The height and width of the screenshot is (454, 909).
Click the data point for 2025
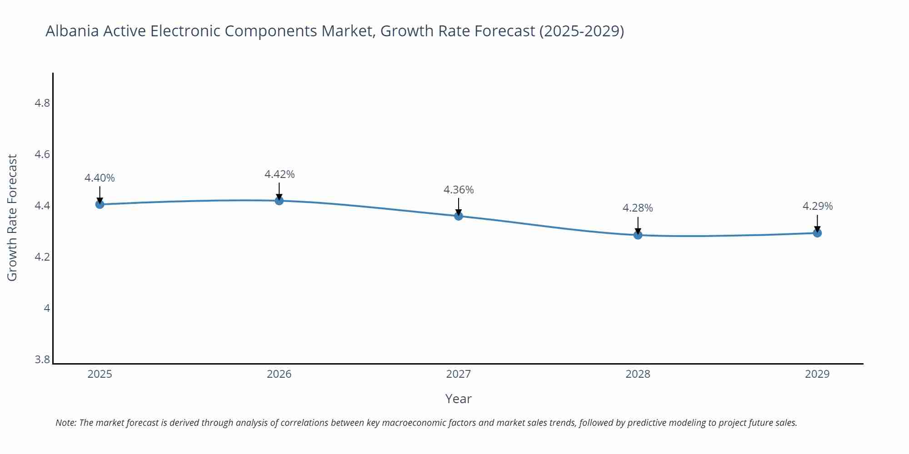(100, 204)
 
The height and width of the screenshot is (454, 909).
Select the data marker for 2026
(279, 201)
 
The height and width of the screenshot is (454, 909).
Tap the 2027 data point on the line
(459, 216)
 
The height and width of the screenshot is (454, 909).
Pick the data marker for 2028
(638, 235)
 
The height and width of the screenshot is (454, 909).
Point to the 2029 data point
(817, 233)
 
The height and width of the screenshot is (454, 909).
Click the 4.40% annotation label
(100, 178)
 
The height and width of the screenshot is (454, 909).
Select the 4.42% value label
(280, 174)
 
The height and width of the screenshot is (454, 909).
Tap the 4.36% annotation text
(459, 190)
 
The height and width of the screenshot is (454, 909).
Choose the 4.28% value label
(638, 208)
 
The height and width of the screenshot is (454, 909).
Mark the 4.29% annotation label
(818, 206)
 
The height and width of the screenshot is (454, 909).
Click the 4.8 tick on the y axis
(42, 103)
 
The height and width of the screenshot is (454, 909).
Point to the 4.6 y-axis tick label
(42, 154)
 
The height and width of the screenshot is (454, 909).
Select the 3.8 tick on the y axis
(42, 360)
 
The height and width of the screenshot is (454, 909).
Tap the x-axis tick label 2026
(279, 374)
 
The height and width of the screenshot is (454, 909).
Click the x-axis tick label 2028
(638, 374)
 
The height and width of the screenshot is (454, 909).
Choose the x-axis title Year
(458, 399)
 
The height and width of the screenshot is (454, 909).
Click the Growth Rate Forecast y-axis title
(12, 217)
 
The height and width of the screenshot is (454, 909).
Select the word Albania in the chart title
(73, 31)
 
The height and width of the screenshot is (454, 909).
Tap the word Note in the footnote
(65, 423)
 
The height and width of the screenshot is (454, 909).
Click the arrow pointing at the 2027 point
(459, 207)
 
